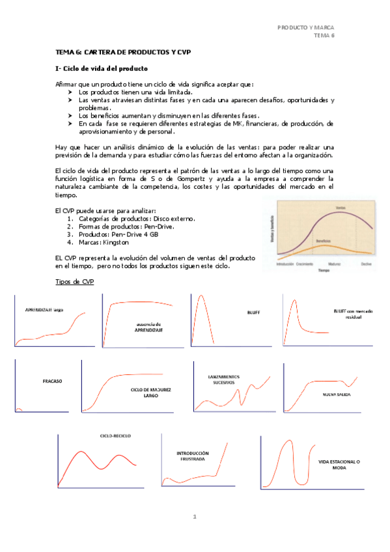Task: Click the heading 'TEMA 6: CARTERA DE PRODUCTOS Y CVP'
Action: tap(122, 51)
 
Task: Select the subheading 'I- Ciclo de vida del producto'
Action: tap(103, 68)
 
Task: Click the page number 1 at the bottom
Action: tap(194, 517)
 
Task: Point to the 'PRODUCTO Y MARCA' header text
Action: tap(306, 27)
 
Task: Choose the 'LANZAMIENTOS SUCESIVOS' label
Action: tap(225, 380)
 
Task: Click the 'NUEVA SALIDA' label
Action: tap(337, 394)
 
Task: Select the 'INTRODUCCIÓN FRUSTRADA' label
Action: tap(193, 456)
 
